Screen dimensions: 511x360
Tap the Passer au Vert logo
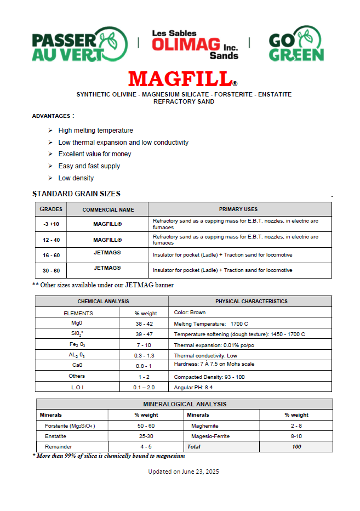tap(79, 44)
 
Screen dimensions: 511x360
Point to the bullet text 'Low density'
tap(76, 178)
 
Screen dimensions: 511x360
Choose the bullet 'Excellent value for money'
tap(95, 154)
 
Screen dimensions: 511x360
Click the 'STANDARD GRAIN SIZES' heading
tap(77, 194)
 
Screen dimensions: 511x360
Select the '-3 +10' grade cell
tap(52, 224)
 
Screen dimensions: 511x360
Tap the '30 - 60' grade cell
tap(52, 270)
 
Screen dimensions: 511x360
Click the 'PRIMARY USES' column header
tap(238, 209)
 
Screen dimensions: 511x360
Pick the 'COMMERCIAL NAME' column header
tap(108, 209)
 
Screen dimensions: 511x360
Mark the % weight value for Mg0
tap(144, 323)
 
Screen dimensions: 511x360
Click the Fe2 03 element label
tap(77, 345)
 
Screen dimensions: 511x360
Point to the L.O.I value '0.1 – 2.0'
tap(144, 387)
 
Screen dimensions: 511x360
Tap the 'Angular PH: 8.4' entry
tap(193, 387)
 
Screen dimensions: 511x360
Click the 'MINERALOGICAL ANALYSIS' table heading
tap(184, 404)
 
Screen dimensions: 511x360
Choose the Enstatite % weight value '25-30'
tap(146, 436)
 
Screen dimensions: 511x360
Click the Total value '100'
tap(296, 447)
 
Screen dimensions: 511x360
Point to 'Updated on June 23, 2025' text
tap(184, 472)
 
